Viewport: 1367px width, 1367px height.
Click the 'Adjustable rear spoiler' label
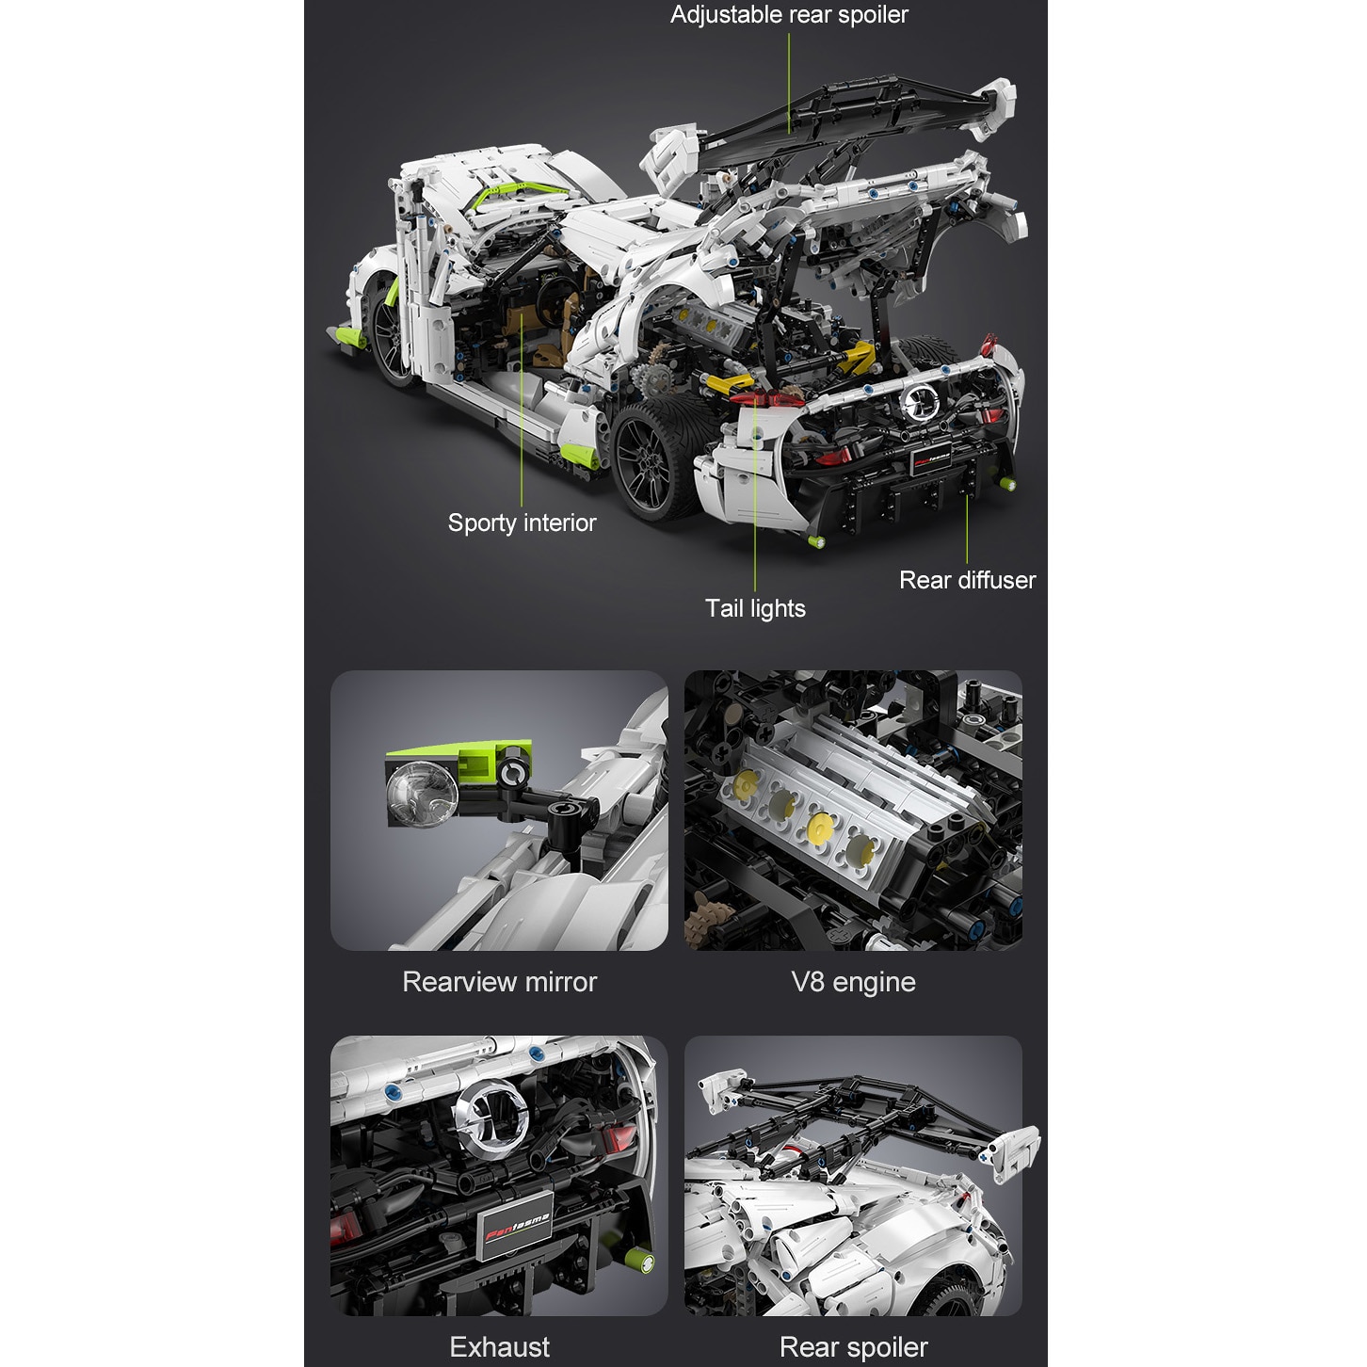click(789, 15)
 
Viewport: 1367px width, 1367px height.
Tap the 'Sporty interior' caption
click(522, 523)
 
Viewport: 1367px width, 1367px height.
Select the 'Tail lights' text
click(755, 608)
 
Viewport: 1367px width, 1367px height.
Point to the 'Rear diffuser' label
click(967, 580)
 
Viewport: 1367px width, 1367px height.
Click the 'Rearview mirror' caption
click(499, 982)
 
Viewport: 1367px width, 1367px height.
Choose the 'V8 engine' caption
click(853, 982)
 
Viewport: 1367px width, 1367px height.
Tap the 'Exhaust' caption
click(499, 1347)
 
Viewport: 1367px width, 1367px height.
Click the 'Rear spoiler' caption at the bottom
click(853, 1347)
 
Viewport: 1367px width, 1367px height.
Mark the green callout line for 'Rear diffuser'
click(967, 527)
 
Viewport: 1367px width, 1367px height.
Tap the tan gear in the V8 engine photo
click(706, 912)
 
